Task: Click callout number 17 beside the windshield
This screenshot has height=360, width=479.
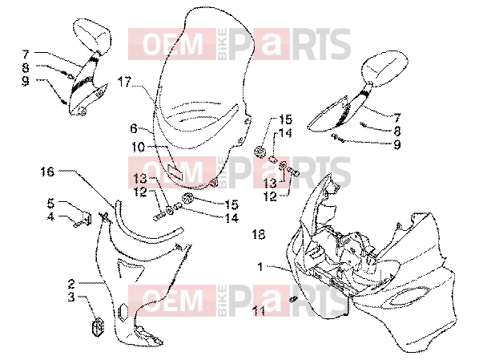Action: point(125,82)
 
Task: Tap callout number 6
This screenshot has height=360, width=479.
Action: point(134,128)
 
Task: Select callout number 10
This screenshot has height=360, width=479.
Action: point(138,148)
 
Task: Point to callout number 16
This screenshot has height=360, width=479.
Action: point(47,172)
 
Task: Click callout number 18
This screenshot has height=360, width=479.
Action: point(259,235)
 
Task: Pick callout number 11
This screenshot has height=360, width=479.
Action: point(259,311)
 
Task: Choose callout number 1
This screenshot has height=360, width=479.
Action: point(260,267)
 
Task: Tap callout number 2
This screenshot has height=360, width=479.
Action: point(71,284)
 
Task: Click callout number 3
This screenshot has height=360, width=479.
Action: point(71,297)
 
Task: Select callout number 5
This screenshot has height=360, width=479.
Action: point(50,203)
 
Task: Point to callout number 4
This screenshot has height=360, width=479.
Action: point(50,216)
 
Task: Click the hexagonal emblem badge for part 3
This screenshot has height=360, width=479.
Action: point(98,326)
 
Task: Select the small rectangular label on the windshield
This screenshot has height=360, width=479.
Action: point(175,172)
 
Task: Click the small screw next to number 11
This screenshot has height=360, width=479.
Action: point(293,299)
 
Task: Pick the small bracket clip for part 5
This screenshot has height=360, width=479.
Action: point(87,218)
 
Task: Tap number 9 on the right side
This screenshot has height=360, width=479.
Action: point(396,144)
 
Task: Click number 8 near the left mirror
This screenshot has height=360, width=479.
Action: point(26,68)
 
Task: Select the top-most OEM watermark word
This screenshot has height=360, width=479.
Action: point(173,44)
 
